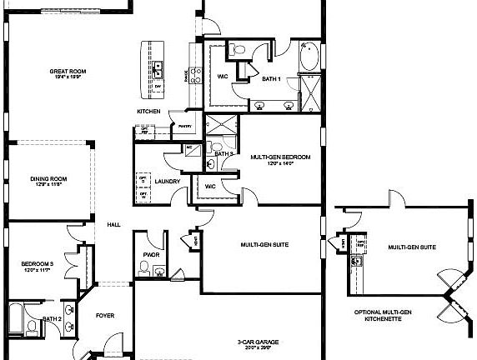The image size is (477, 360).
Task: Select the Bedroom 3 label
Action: click(38, 266)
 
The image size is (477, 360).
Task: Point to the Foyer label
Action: click(104, 316)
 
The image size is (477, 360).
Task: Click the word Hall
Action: click(113, 224)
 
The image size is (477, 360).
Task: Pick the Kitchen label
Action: click(148, 112)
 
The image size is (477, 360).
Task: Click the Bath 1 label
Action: click(270, 79)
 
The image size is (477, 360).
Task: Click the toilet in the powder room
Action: click(144, 267)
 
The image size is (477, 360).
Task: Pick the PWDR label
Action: click(151, 255)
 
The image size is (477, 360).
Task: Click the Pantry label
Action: click(185, 126)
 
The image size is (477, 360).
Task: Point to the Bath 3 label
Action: click(223, 154)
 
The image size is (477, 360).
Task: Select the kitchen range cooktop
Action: click(196, 76)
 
